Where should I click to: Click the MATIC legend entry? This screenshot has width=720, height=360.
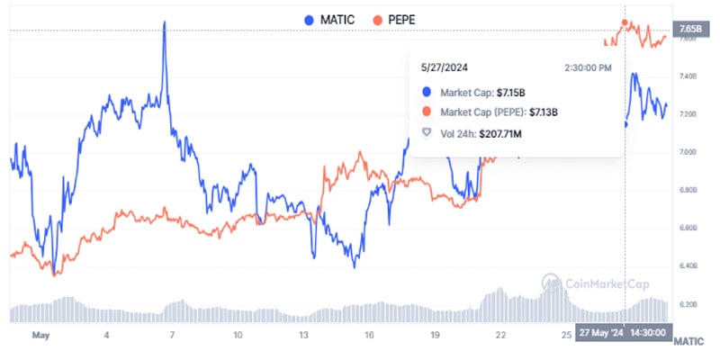[x=330, y=19]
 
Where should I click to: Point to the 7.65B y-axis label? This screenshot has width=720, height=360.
[x=689, y=31]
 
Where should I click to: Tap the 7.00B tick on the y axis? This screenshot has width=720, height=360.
[x=689, y=152]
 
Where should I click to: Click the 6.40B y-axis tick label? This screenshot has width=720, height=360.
[x=689, y=266]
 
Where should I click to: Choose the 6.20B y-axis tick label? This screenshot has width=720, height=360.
[x=689, y=304]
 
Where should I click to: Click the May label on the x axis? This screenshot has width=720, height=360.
[x=40, y=335]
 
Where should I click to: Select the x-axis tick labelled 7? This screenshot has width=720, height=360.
[x=172, y=335]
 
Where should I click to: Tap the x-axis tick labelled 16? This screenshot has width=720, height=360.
[x=370, y=335]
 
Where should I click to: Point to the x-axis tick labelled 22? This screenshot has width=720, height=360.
[x=501, y=335]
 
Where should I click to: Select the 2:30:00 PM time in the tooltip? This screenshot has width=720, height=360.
[x=588, y=67]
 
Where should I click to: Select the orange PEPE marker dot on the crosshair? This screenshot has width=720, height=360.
[x=625, y=22]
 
